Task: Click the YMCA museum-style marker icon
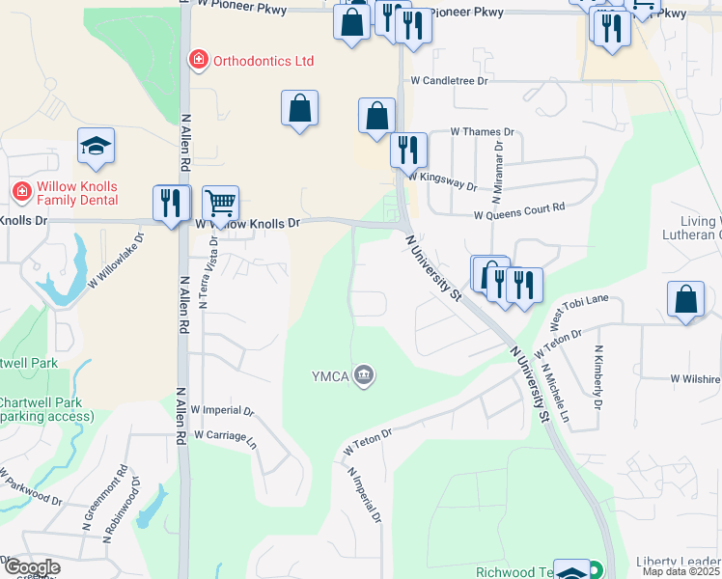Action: coord(363,374)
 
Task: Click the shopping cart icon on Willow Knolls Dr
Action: coord(221,203)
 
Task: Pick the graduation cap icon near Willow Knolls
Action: coord(96,146)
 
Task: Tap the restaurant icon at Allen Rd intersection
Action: coord(172,203)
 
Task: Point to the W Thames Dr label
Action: coord(483,132)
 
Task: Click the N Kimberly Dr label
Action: coord(598,377)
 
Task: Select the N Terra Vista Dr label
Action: coord(205,274)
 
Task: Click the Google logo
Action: coord(32,567)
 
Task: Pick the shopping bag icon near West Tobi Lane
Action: coord(684,300)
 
